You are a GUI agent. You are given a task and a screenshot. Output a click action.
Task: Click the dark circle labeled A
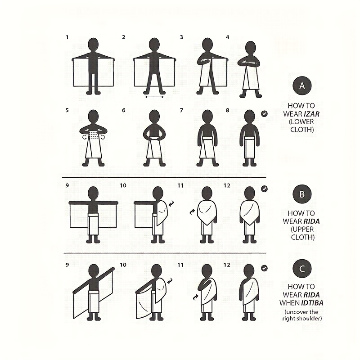click(x=302, y=85)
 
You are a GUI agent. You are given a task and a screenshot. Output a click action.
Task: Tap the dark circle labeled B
click(x=302, y=194)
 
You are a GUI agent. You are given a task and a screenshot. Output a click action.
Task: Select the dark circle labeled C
click(x=302, y=268)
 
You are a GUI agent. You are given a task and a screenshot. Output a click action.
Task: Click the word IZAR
click(x=311, y=114)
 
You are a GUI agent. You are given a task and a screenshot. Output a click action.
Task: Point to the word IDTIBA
click(x=312, y=303)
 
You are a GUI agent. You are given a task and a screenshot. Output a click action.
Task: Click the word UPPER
click(x=302, y=229)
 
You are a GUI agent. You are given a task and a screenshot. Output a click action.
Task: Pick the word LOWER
click(x=301, y=121)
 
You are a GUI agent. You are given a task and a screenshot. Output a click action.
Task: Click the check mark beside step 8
click(x=264, y=113)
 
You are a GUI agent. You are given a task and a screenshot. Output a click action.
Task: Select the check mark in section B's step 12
click(x=264, y=189)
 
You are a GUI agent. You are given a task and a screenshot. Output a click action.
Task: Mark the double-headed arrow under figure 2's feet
click(x=154, y=97)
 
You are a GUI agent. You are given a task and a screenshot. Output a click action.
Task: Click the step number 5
click(x=67, y=110)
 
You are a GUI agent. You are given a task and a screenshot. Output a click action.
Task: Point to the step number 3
click(x=181, y=37)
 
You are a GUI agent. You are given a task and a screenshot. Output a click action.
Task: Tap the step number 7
click(x=181, y=110)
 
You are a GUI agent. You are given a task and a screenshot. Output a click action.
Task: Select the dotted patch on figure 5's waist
click(x=93, y=135)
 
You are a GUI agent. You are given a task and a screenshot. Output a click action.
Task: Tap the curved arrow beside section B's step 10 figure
click(x=171, y=203)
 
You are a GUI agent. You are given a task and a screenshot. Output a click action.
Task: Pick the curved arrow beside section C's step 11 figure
click(x=196, y=297)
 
